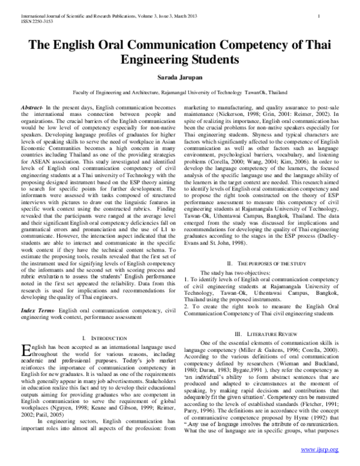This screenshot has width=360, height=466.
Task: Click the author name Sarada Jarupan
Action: tap(180, 79)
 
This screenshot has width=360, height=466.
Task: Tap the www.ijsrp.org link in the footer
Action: tap(320, 449)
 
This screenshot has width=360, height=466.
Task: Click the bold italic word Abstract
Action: tap(31, 106)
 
